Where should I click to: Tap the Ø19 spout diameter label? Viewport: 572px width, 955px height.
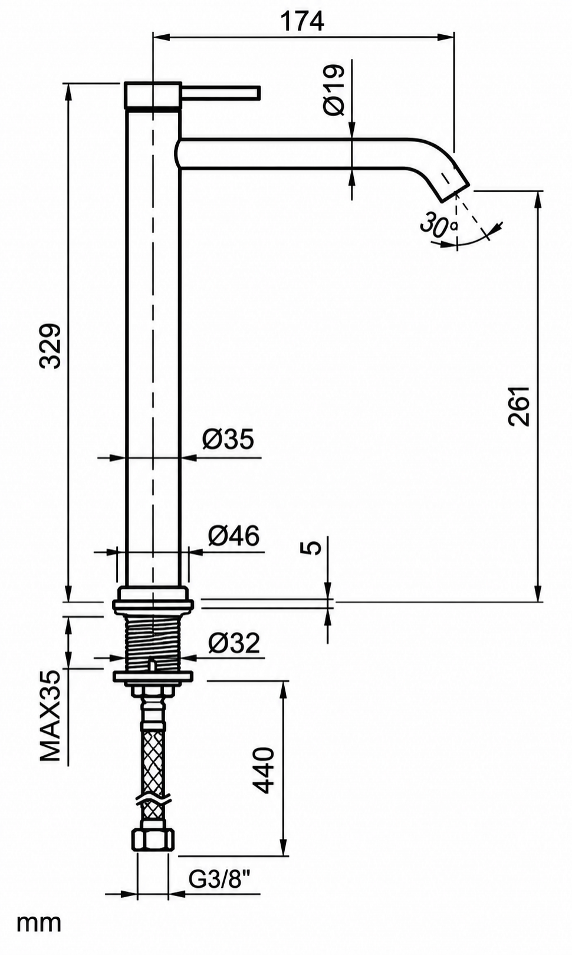pyautogui.click(x=333, y=90)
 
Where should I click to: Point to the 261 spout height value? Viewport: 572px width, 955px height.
pyautogui.click(x=519, y=407)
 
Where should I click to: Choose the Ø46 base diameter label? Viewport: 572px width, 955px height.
pyautogui.click(x=234, y=536)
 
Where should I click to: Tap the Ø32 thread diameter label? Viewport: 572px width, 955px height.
pyautogui.click(x=234, y=643)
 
